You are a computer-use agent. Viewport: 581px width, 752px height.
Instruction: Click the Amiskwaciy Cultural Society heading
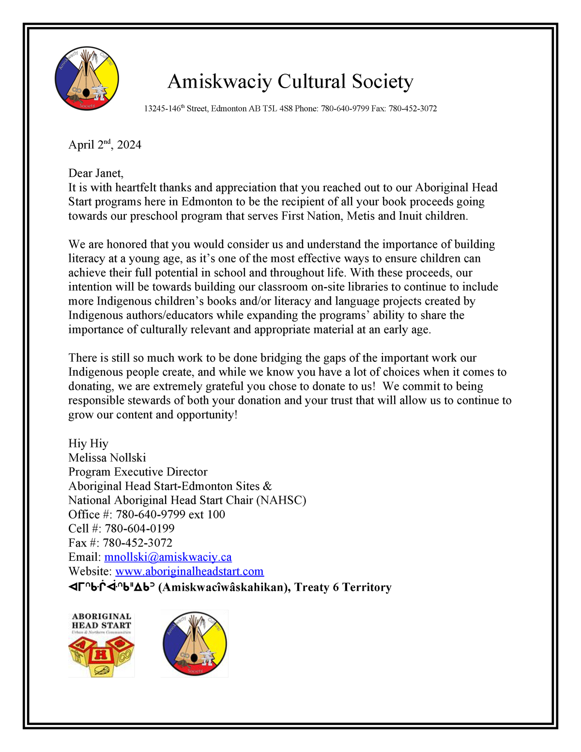pos(290,81)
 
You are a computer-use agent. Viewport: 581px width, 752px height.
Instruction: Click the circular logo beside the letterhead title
pos(87,78)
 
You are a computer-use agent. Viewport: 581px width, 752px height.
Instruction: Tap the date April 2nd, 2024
pos(105,145)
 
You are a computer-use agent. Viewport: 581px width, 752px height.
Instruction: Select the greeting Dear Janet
pos(96,173)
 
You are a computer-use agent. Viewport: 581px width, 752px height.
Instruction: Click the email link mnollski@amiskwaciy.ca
pos(168,557)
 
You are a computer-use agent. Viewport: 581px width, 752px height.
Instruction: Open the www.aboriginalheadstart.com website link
pos(189,571)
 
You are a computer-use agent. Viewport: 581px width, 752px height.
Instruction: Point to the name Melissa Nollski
pos(107,458)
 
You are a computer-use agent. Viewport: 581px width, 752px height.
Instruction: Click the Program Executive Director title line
pos(138,472)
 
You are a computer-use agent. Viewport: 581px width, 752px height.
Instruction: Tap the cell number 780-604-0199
pos(139,529)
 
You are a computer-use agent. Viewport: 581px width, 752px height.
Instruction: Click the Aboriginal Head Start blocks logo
pos(101,644)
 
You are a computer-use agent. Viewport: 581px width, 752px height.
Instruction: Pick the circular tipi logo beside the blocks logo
pos(195,644)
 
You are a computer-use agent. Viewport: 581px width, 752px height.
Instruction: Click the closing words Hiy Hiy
pos(88,444)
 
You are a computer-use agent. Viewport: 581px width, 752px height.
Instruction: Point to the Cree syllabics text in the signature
pos(111,587)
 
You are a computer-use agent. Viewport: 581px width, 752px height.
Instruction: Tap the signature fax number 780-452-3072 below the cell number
pos(138,543)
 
